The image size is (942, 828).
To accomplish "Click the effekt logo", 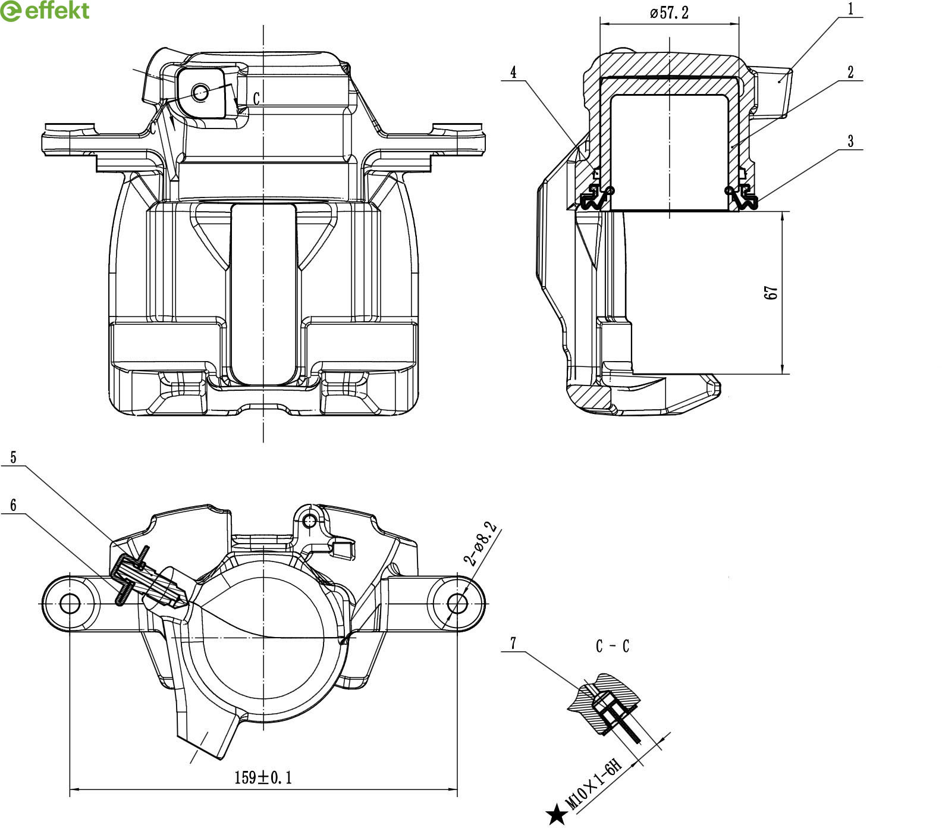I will pyautogui.click(x=45, y=11).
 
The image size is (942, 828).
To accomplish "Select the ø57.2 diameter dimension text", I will pyautogui.click(x=669, y=12).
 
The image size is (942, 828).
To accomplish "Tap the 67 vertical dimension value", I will pyautogui.click(x=771, y=293).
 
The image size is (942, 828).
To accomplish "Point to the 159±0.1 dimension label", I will pyautogui.click(x=263, y=777).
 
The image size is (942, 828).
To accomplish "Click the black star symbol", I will pyautogui.click(x=557, y=814).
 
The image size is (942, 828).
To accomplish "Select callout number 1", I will pyautogui.click(x=850, y=9).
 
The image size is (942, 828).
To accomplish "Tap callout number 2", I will pyautogui.click(x=850, y=72).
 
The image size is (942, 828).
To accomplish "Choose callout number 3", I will pyautogui.click(x=850, y=142).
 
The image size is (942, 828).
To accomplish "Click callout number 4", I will pyautogui.click(x=513, y=73).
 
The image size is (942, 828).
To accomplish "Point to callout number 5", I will pyautogui.click(x=13, y=457).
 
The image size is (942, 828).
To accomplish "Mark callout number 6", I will pyautogui.click(x=13, y=505).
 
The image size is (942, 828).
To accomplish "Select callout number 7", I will pyautogui.click(x=513, y=643).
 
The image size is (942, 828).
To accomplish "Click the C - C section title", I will pyautogui.click(x=612, y=647).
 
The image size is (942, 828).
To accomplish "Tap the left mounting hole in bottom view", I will pyautogui.click(x=70, y=604).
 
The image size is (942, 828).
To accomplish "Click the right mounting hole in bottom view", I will pyautogui.click(x=457, y=603).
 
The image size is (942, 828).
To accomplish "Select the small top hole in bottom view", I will pyautogui.click(x=309, y=522).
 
